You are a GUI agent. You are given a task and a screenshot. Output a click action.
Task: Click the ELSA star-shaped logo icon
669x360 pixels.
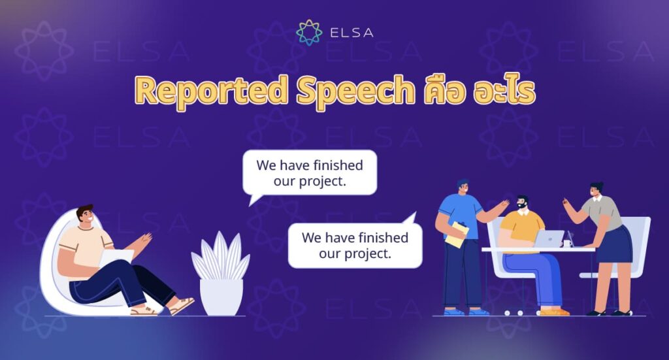pos(309,32)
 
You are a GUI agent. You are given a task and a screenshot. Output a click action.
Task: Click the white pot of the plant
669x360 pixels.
pos(221,297)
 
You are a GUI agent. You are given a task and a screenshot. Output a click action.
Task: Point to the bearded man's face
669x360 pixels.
pos(522,205)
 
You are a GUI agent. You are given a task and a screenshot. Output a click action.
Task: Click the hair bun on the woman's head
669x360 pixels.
pos(600,185)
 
